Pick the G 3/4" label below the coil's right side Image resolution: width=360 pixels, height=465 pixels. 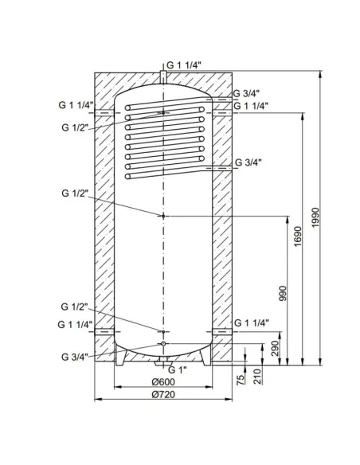tap(250, 162)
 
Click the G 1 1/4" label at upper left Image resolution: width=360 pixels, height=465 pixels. tap(76, 105)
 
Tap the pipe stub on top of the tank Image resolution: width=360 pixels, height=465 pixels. tap(162, 77)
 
